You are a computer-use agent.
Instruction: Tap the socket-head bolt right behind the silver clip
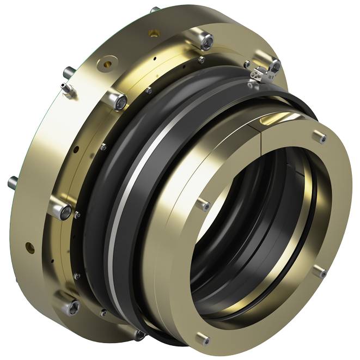(x=275, y=66)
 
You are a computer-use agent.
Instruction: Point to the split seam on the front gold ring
(x=262, y=143)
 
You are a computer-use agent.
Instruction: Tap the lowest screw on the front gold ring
(x=205, y=340)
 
